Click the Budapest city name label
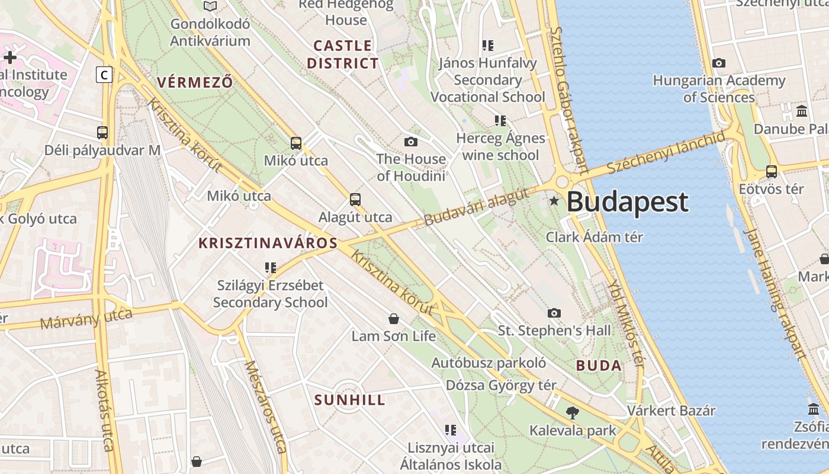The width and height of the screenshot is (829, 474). [x=628, y=202]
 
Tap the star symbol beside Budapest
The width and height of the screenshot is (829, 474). [x=554, y=201]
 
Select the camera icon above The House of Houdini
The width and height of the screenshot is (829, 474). [x=411, y=142]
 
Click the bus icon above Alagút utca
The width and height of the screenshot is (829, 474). [x=355, y=200]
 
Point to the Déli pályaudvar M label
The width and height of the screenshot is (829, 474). [x=102, y=150]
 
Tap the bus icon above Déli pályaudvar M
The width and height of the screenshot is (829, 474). [x=102, y=133]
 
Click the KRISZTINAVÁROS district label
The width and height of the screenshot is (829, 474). [x=268, y=243]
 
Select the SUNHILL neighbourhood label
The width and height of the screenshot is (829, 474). [x=350, y=400]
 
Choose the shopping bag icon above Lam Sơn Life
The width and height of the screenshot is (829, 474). [x=393, y=319]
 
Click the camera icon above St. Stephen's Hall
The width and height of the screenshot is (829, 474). [x=554, y=313]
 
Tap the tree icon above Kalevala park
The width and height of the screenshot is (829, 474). [x=573, y=413]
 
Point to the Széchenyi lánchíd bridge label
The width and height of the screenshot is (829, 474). [x=666, y=152]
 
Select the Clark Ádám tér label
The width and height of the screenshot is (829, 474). [x=594, y=237]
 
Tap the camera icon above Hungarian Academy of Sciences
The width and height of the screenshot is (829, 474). [x=719, y=63]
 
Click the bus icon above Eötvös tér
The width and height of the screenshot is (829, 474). [x=771, y=172]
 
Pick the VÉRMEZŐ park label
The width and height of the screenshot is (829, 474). [x=195, y=82]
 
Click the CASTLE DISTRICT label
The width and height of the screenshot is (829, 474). [x=343, y=54]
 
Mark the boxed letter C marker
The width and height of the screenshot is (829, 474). [x=104, y=75]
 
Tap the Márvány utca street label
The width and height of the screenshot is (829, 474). [x=86, y=319]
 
